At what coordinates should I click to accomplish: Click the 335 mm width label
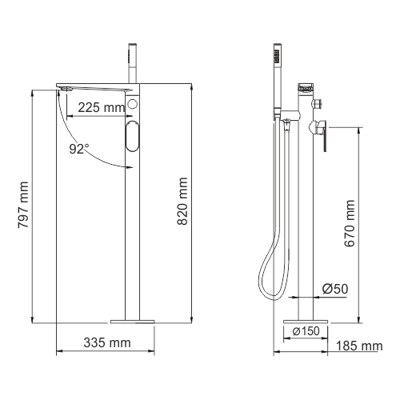(107, 344)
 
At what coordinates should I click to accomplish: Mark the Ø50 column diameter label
(334, 289)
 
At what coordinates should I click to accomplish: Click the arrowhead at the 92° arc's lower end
(128, 166)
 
